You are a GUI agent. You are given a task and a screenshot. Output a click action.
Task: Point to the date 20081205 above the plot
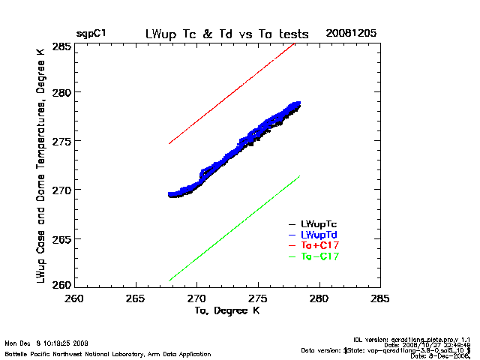pyautogui.click(x=351, y=34)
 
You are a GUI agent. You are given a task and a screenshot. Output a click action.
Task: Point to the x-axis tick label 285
pyautogui.click(x=380, y=299)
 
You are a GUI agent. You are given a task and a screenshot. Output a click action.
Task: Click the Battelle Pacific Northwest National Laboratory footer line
pyautogui.click(x=107, y=352)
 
